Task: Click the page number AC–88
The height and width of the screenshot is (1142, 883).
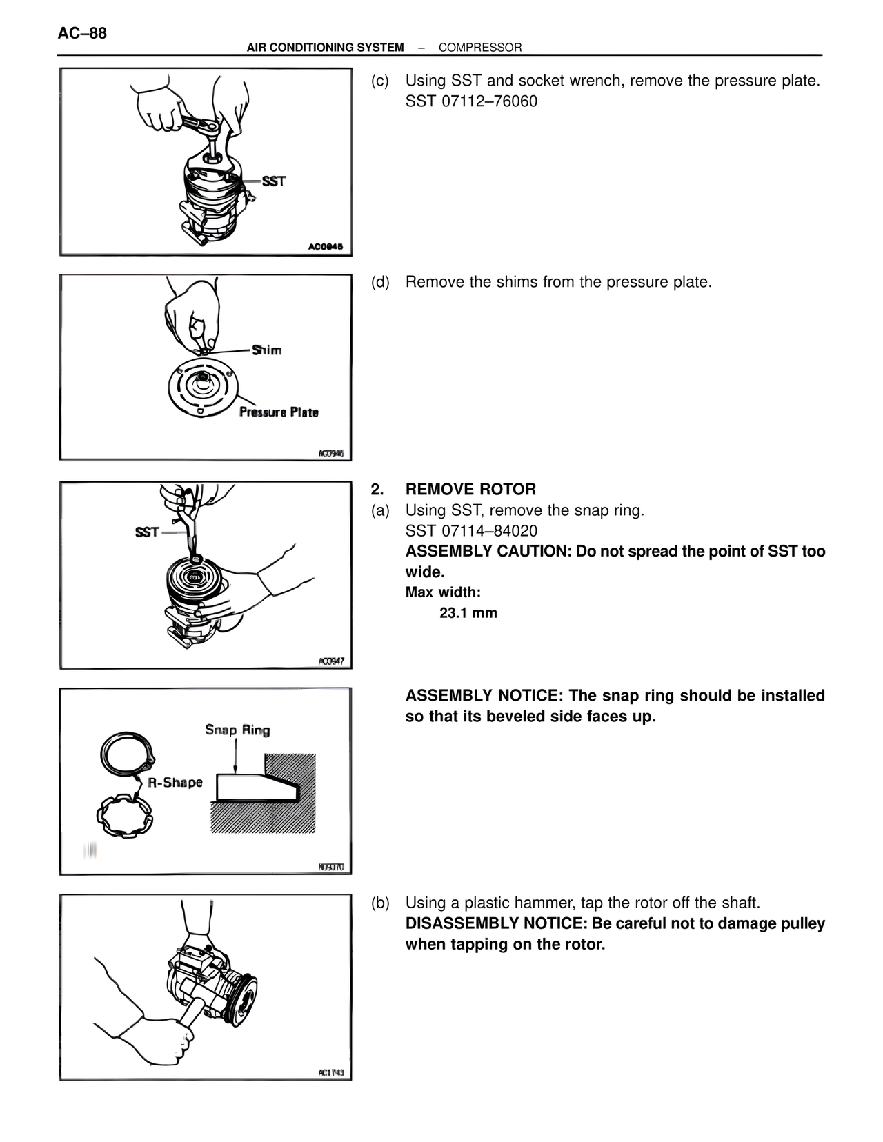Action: (82, 33)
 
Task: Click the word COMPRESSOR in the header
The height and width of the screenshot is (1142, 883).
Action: (480, 48)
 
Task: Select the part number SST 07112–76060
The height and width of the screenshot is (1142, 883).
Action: (471, 101)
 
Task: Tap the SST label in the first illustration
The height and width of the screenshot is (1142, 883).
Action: (273, 181)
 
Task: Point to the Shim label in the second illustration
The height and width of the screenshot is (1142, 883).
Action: (267, 350)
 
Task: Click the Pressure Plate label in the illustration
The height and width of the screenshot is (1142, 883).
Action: (279, 412)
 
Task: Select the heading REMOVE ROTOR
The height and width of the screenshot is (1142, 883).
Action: (470, 490)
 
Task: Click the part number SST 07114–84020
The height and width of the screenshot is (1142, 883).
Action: (471, 531)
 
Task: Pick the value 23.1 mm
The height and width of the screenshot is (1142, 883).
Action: (468, 613)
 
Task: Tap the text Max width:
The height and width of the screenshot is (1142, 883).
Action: (443, 592)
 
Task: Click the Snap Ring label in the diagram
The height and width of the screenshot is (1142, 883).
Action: (237, 730)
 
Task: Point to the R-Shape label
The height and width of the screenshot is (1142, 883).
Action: (175, 782)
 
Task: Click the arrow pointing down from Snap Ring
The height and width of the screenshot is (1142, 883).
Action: (235, 755)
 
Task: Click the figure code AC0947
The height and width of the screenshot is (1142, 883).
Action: (331, 661)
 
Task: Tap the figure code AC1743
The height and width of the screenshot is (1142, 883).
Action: (331, 1072)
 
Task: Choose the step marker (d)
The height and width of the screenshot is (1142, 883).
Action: (380, 282)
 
